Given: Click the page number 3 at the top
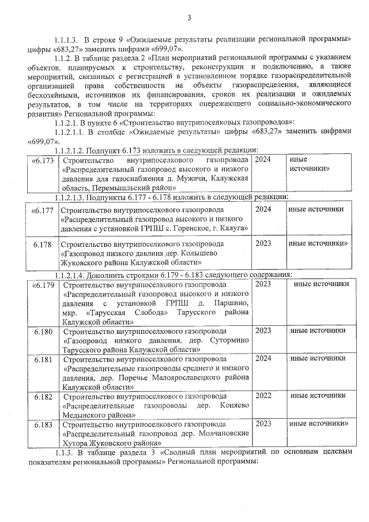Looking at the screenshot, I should click(189, 18).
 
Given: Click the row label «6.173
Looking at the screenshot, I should click(44, 160).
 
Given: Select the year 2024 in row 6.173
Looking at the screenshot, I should click(263, 159).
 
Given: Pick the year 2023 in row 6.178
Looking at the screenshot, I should click(263, 243).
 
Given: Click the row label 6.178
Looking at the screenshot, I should click(43, 244).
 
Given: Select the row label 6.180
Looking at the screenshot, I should click(43, 331).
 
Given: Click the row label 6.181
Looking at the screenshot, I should click(43, 359).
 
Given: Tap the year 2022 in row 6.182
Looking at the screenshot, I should click(263, 396).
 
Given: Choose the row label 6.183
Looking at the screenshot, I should click(43, 424).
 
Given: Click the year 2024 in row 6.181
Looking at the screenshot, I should click(263, 358).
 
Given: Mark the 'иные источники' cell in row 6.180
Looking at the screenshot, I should click(318, 331).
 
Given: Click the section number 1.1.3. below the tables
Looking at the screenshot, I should click(62, 453).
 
